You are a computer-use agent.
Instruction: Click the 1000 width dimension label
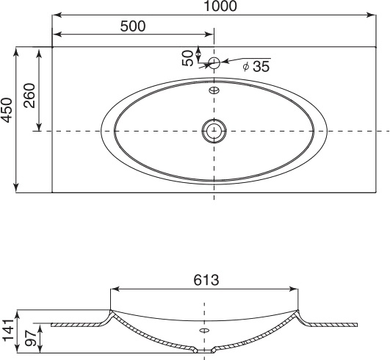(220, 6)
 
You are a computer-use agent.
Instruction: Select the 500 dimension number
(133, 26)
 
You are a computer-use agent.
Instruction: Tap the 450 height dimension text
(7, 110)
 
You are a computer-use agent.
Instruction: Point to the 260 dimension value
(29, 96)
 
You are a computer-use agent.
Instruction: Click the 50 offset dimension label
(188, 58)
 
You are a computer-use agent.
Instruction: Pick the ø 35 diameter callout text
(256, 66)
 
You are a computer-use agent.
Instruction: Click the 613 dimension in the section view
(206, 280)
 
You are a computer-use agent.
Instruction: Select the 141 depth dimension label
(7, 330)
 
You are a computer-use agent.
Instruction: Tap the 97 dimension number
(31, 338)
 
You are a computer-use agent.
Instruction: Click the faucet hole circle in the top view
(214, 63)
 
